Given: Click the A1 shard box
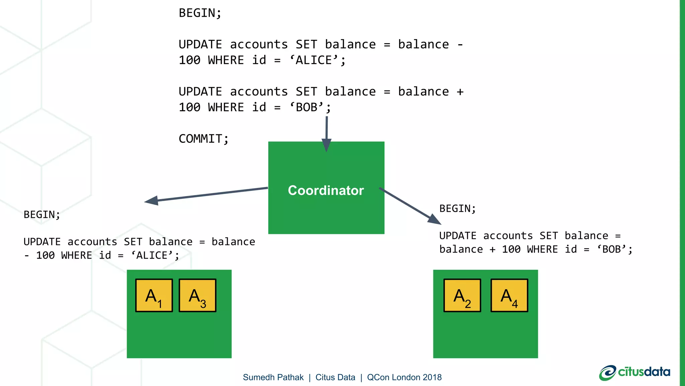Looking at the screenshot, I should pyautogui.click(x=154, y=296).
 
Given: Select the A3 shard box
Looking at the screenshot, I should pyautogui.click(x=197, y=296).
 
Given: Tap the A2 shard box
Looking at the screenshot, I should pyautogui.click(x=462, y=296).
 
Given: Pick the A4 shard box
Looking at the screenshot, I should pyautogui.click(x=509, y=296).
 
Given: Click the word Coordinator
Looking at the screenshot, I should pyautogui.click(x=326, y=190).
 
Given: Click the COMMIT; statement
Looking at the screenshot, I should pyautogui.click(x=203, y=139).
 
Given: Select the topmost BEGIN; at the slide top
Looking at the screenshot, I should pyautogui.click(x=200, y=13).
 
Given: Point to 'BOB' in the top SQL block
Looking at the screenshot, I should pyautogui.click(x=307, y=108).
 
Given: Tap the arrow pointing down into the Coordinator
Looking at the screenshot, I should pyautogui.click(x=326, y=134).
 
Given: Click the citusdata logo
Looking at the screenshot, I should pyautogui.click(x=634, y=372).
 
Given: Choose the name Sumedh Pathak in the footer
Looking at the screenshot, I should pyautogui.click(x=273, y=377).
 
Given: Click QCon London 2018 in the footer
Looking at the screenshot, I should pyautogui.click(x=404, y=377).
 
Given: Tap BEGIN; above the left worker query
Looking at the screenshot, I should pyautogui.click(x=42, y=214).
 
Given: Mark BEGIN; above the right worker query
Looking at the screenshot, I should pyautogui.click(x=457, y=208).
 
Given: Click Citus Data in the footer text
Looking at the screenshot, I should pyautogui.click(x=335, y=377).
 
